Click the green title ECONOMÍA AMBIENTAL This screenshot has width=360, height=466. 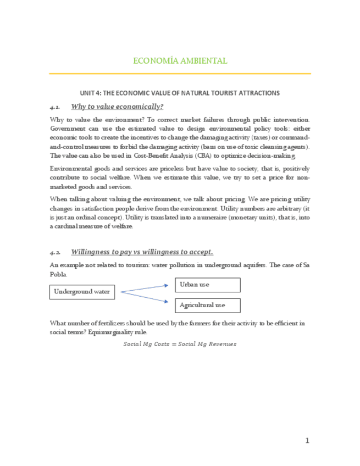[180, 60]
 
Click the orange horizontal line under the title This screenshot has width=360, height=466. [180, 74]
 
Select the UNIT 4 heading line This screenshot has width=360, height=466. [180, 93]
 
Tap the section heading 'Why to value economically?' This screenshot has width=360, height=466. [117, 107]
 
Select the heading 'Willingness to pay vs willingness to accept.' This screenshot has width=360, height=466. [142, 252]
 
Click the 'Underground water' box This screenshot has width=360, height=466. [82, 292]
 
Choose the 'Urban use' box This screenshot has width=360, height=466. [208, 285]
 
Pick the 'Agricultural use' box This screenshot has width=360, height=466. [208, 305]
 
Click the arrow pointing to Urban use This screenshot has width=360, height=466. [144, 289]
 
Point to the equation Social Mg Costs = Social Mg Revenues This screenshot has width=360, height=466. [180, 344]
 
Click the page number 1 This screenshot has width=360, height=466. [307, 440]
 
